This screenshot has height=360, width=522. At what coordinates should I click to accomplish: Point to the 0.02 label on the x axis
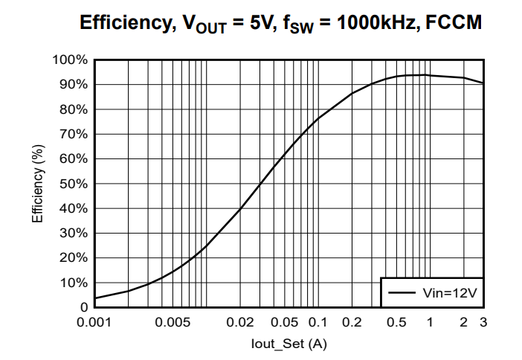click(239, 323)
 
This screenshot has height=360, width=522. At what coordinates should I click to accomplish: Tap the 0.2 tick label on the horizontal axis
click(352, 323)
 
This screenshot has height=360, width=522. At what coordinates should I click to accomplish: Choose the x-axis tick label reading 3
click(483, 323)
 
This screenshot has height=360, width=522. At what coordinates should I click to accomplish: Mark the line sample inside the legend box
click(401, 293)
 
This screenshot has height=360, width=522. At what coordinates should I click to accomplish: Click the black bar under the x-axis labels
click(286, 332)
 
